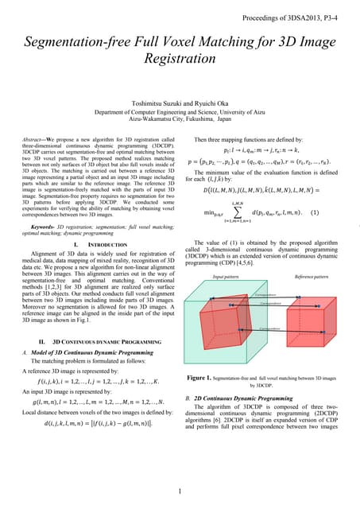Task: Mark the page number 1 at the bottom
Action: pos(180,492)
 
